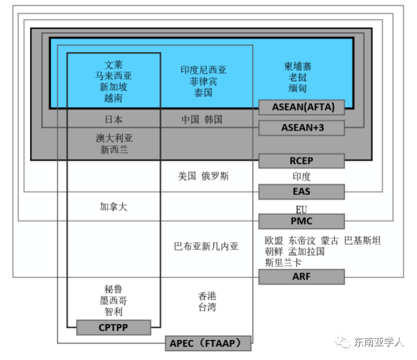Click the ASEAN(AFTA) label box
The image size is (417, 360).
pyautogui.click(x=302, y=107)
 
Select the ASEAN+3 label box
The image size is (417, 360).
pyautogui.click(x=302, y=128)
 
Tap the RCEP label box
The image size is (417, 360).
pyautogui.click(x=302, y=161)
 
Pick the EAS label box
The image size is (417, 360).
pyautogui.click(x=302, y=192)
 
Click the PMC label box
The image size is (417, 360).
pyautogui.click(x=302, y=221)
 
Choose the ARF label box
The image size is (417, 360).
pyautogui.click(x=302, y=277)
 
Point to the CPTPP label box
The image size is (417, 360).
pyautogui.click(x=114, y=327)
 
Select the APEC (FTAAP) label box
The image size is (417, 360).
pyautogui.click(x=208, y=343)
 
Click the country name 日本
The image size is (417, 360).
pyautogui.click(x=113, y=120)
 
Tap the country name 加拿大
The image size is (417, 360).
pyautogui.click(x=113, y=207)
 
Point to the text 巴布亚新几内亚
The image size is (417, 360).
pyautogui.click(x=206, y=246)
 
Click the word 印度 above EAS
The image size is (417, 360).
pyautogui.click(x=302, y=176)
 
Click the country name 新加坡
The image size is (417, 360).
pyautogui.click(x=113, y=87)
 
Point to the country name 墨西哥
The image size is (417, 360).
pyautogui.click(x=113, y=300)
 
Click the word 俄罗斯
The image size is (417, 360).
pyautogui.click(x=216, y=176)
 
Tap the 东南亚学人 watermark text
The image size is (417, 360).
pyautogui.click(x=379, y=342)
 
